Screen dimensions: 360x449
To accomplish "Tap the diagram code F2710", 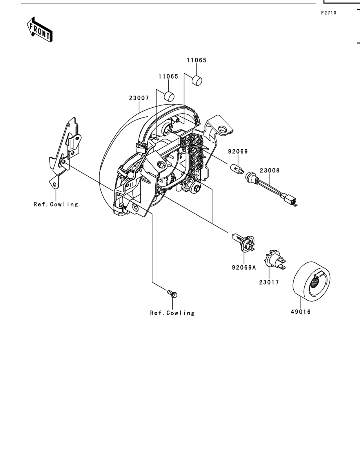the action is (329, 13).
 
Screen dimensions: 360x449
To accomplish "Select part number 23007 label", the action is (139, 98).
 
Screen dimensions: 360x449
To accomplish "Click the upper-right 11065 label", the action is (196, 60).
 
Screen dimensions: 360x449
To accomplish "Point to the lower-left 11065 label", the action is (168, 76).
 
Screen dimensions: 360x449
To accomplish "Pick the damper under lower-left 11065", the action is (169, 96).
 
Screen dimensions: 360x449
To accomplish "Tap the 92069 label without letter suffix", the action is (238, 151).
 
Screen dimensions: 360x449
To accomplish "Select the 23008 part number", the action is (270, 170).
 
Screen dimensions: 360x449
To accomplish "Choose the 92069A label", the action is (244, 268).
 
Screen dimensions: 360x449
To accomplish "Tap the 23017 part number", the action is (269, 282).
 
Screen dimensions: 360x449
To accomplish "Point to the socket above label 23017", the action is (274, 260).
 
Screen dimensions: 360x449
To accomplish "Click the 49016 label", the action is (301, 312).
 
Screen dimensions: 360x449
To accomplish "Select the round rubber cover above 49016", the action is (311, 281).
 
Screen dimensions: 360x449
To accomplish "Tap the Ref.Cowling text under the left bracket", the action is (56, 204).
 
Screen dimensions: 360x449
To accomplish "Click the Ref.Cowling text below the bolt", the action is (172, 313).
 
